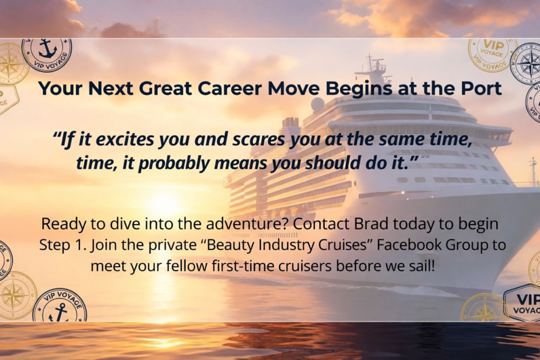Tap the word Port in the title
click(481, 89)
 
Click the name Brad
click(371, 224)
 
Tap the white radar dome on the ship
click(318, 104)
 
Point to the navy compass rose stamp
click(527, 64)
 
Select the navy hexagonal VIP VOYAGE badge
click(523, 303)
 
